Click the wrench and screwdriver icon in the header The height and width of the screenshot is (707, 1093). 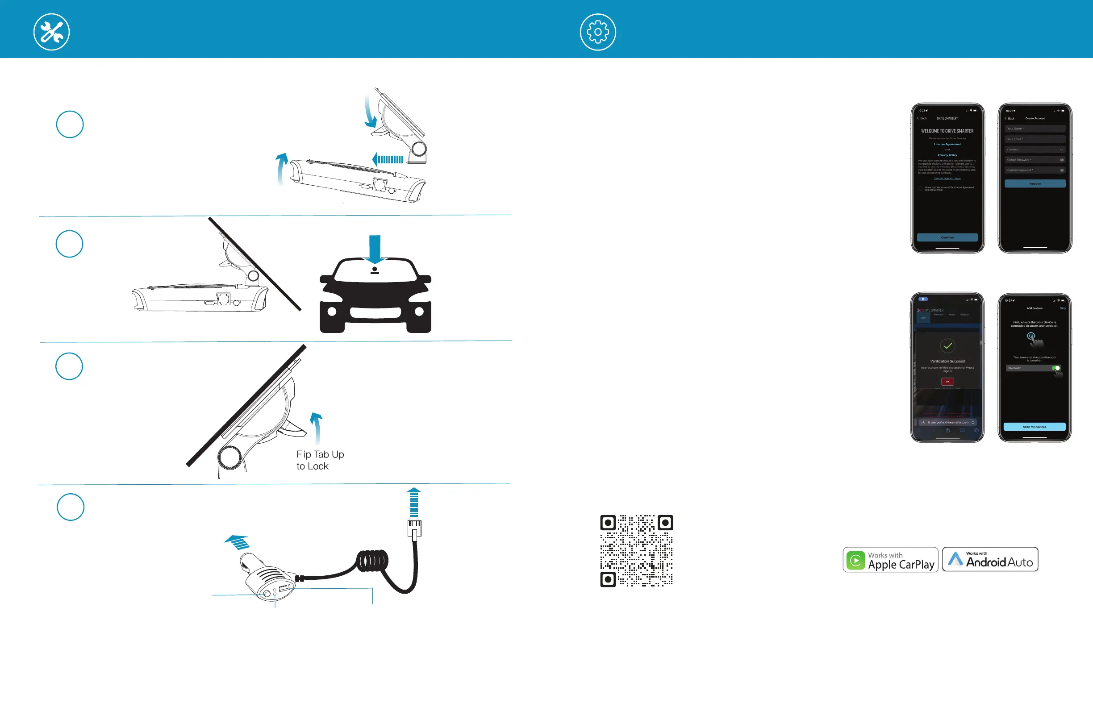click(x=51, y=32)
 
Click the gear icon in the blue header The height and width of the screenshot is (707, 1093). click(x=597, y=32)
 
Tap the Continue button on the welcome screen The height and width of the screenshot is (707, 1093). click(x=947, y=237)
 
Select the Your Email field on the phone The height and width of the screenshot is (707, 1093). click(x=1035, y=139)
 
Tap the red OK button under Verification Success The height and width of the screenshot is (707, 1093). click(x=947, y=382)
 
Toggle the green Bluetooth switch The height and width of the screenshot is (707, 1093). click(x=1056, y=368)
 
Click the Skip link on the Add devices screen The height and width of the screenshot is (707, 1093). click(x=1062, y=308)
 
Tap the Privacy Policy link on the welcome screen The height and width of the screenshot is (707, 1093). click(x=947, y=155)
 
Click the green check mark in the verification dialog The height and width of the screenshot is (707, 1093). click(x=947, y=346)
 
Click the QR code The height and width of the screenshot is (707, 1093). click(x=636, y=550)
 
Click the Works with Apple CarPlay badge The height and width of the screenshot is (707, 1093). click(x=890, y=560)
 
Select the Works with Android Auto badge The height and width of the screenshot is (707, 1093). click(x=990, y=559)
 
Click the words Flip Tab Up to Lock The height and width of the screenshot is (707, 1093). click(x=320, y=460)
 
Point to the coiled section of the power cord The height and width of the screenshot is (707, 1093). click(x=372, y=561)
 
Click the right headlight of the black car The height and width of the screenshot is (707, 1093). click(x=419, y=312)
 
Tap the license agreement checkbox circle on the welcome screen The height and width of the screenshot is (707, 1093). click(x=920, y=189)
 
